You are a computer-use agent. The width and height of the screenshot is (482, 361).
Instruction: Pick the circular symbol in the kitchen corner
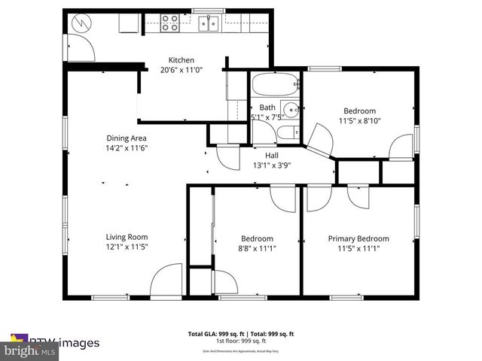click(x=79, y=23)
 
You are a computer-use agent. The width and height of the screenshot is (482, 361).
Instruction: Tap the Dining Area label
click(x=126, y=138)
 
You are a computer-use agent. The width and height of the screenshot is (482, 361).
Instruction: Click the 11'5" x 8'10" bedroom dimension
click(x=359, y=120)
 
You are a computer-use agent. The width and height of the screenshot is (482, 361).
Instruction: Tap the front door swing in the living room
click(x=166, y=284)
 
